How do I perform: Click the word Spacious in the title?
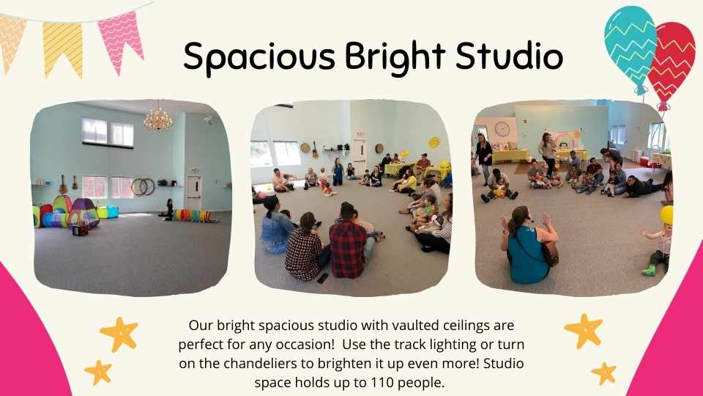click(259, 57)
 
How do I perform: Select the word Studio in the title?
click(510, 56)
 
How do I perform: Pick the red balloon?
click(672, 63)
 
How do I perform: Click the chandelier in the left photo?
click(158, 118)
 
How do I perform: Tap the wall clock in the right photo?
click(502, 129)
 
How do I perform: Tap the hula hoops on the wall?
click(143, 187)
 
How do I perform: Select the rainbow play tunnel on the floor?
click(192, 216)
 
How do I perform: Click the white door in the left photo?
click(194, 194)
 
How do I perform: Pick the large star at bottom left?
click(119, 334)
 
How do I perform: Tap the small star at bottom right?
click(604, 373)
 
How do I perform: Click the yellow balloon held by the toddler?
click(666, 215)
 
